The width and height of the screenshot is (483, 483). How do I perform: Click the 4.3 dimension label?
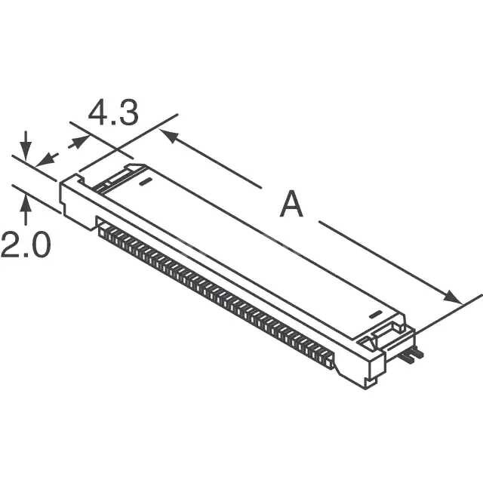(113, 112)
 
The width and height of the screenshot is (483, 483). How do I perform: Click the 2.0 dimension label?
(26, 245)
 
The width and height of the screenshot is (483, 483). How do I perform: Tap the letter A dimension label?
(291, 204)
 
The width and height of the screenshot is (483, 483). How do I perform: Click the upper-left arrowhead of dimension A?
(170, 136)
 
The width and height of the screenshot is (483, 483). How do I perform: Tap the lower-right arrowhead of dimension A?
(452, 297)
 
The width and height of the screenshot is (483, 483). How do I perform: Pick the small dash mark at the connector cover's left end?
(145, 182)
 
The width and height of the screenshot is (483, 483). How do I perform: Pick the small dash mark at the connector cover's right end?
(375, 315)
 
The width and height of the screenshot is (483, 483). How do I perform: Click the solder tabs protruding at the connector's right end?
(412, 355)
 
